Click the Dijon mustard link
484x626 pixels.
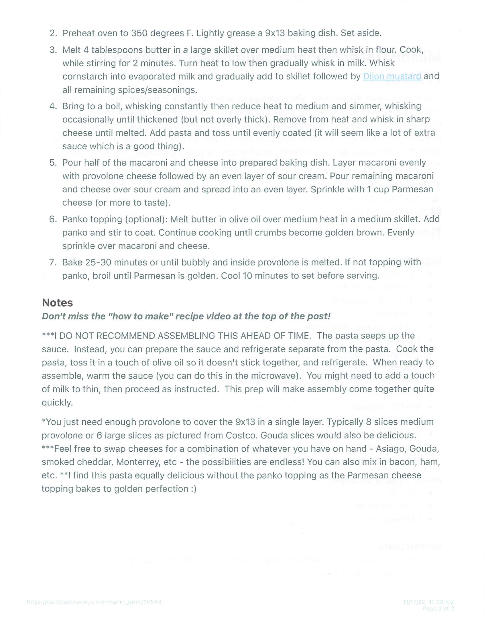pos(392,76)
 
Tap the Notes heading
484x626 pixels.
pos(57,303)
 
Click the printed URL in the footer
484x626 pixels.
pos(94,602)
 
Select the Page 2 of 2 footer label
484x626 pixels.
pos(438,608)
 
